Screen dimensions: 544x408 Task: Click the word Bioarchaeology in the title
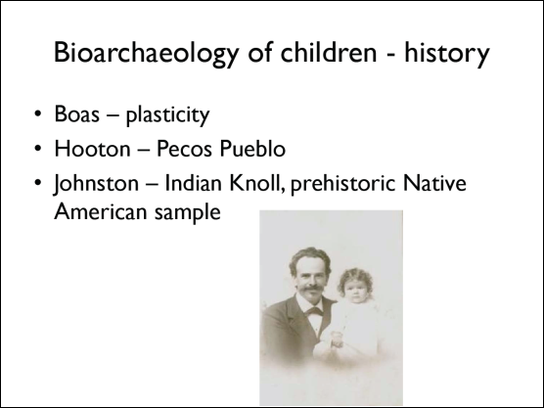click(x=147, y=54)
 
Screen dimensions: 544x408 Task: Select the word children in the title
click(x=328, y=52)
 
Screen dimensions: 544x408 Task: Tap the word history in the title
click(x=447, y=54)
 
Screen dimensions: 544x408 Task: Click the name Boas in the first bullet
click(x=76, y=113)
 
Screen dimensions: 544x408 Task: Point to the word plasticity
click(x=168, y=115)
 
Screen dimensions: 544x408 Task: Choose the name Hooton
click(x=92, y=149)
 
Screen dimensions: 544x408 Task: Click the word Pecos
click(x=184, y=149)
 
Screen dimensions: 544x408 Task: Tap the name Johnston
click(x=96, y=183)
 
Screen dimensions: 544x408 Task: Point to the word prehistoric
click(x=342, y=184)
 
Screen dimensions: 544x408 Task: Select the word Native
click(x=434, y=183)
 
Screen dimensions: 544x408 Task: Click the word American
click(x=101, y=211)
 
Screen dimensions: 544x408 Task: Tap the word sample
click(x=188, y=213)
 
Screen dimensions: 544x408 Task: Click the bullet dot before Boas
click(x=38, y=113)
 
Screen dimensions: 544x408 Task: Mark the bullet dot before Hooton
click(x=38, y=148)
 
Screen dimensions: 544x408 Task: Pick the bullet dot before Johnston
click(x=38, y=183)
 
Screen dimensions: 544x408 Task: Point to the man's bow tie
click(x=314, y=311)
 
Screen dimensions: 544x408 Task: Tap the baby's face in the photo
click(x=356, y=289)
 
